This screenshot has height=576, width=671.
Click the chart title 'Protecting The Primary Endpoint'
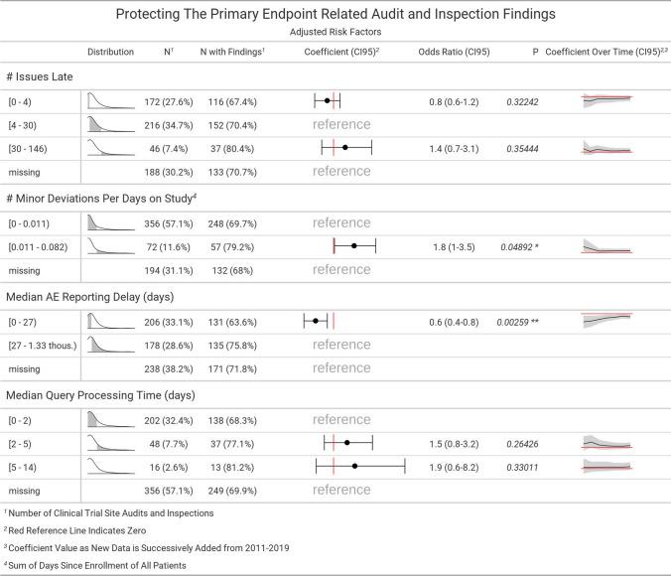tap(335, 14)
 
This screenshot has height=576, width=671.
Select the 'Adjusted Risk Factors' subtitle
tap(335, 32)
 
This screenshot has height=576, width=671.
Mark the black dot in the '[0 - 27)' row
tap(316, 321)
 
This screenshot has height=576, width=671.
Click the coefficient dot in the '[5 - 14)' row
tap(354, 466)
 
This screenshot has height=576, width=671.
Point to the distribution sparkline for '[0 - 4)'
tap(110, 100)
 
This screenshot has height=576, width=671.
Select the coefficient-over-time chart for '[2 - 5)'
tap(605, 442)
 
